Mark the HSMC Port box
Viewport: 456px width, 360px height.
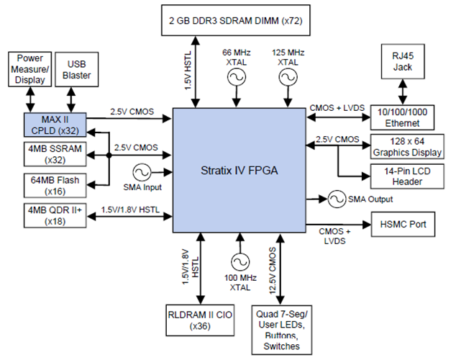[403, 225]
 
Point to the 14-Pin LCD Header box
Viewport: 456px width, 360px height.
[403, 176]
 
